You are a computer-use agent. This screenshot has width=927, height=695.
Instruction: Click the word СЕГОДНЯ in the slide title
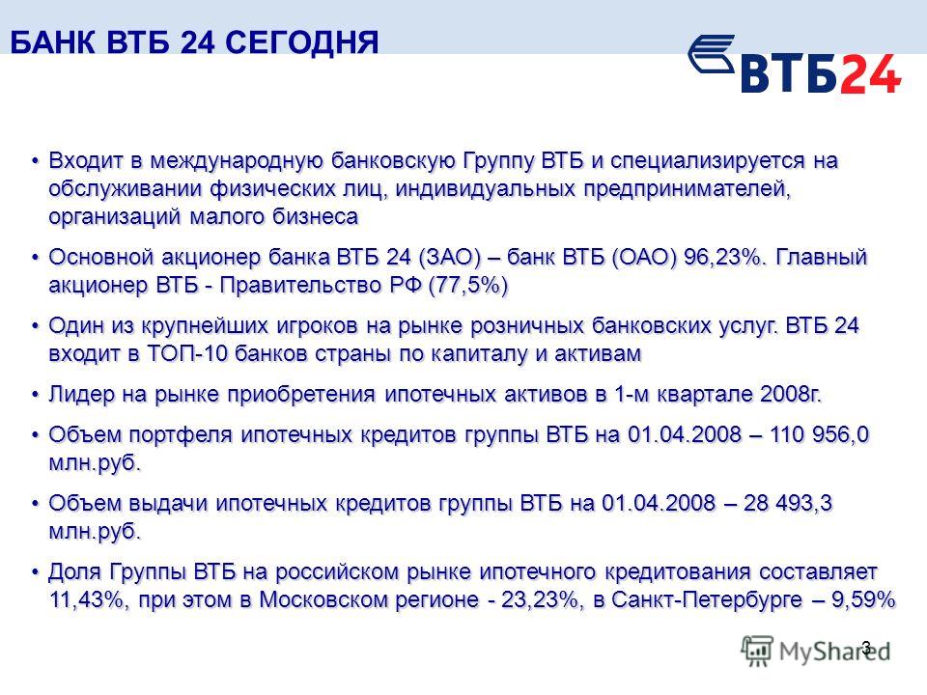pyautogui.click(x=302, y=42)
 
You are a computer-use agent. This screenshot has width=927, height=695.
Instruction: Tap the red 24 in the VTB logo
pyautogui.click(x=870, y=73)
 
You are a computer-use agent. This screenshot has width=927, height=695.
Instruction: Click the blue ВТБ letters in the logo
pyautogui.click(x=790, y=73)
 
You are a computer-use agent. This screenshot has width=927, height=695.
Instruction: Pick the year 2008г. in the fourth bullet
pyautogui.click(x=791, y=394)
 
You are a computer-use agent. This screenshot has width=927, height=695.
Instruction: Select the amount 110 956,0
pyautogui.click(x=820, y=434)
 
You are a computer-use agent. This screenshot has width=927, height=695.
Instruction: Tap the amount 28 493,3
pyautogui.click(x=788, y=503)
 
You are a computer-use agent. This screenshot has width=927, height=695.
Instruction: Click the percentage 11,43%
pyautogui.click(x=88, y=599)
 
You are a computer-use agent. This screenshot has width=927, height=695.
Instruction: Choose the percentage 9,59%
pyautogui.click(x=863, y=599)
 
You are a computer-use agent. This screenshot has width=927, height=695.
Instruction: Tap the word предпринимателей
pyautogui.click(x=688, y=189)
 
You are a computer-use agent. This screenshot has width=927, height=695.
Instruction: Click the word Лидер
pyautogui.click(x=81, y=394)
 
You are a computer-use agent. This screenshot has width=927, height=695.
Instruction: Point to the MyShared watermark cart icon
pyautogui.click(x=757, y=651)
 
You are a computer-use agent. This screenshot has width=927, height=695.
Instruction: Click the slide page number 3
pyautogui.click(x=867, y=647)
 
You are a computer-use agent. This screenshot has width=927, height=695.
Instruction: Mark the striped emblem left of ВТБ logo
pyautogui.click(x=712, y=53)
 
